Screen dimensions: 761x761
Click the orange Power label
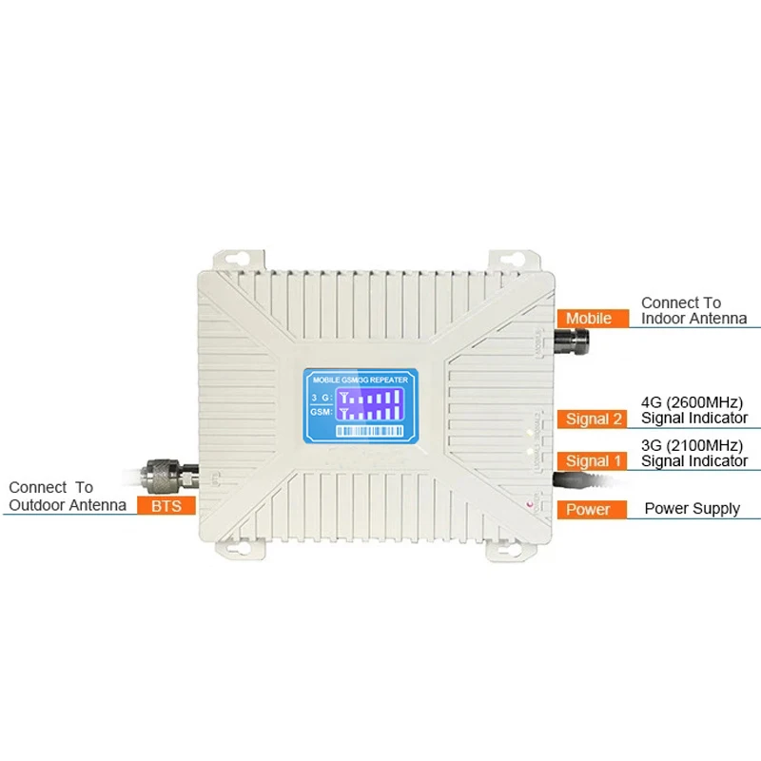pos(590,509)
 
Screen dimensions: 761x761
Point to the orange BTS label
pos(166,506)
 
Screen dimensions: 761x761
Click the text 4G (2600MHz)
pos(692,400)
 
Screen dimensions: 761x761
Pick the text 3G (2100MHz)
pos(692,444)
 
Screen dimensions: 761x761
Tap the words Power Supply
pos(692,509)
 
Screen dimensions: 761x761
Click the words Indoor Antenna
pos(693,319)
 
